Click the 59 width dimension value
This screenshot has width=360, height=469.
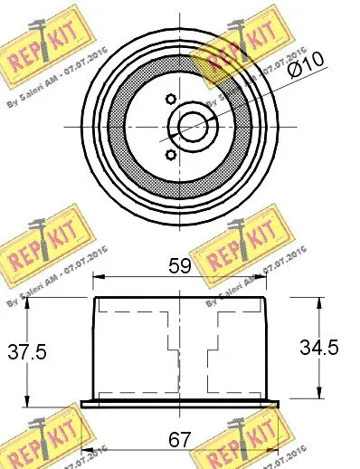point(180,267)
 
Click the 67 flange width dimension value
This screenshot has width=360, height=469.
point(179,441)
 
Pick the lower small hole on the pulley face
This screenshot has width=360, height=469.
point(170,153)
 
